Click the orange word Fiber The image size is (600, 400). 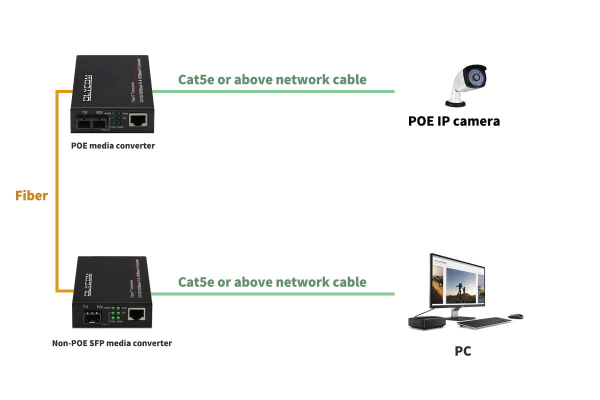pyautogui.click(x=31, y=195)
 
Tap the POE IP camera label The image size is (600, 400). pyautogui.click(x=453, y=121)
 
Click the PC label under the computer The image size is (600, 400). pyautogui.click(x=462, y=351)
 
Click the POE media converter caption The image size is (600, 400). pyautogui.click(x=112, y=146)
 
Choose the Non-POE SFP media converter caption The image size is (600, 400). pyautogui.click(x=112, y=343)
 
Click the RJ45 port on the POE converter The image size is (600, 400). pyautogui.click(x=137, y=120)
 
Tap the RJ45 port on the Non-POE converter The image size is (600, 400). pyautogui.click(x=136, y=314)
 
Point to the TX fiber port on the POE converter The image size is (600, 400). pyautogui.click(x=84, y=122)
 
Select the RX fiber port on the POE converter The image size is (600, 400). pyautogui.click(x=100, y=122)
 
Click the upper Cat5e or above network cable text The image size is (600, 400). pyautogui.click(x=272, y=79)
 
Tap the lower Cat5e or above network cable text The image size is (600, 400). pyautogui.click(x=272, y=282)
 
